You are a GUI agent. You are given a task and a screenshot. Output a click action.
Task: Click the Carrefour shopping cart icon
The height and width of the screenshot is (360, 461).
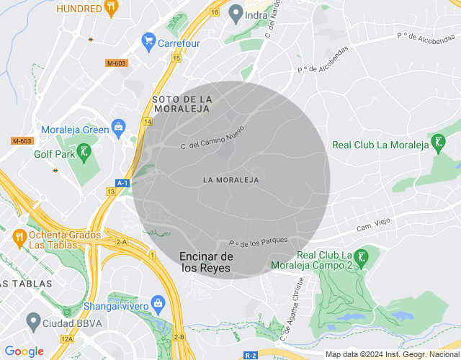(148, 42)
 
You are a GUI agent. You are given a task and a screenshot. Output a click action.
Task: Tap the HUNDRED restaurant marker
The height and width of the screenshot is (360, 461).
(110, 9)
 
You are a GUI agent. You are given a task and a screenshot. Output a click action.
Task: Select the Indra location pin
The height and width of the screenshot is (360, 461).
(236, 14)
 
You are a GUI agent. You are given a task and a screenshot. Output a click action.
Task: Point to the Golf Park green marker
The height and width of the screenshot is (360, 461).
(84, 152)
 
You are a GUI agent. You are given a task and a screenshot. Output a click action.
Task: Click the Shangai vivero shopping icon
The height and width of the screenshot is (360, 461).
(158, 305)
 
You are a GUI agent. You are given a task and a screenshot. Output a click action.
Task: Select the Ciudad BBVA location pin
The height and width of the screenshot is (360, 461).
(32, 319)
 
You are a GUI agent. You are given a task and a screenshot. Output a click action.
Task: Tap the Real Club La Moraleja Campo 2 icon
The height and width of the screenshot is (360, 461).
(362, 256)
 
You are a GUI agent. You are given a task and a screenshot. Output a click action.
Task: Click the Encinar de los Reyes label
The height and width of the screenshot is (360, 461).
(206, 262)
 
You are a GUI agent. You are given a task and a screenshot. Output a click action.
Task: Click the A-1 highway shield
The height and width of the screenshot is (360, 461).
(122, 183)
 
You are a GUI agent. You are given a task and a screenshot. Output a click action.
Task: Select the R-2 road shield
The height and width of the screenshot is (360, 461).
(251, 355)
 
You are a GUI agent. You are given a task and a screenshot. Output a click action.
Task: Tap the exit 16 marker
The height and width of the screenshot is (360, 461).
(215, 12)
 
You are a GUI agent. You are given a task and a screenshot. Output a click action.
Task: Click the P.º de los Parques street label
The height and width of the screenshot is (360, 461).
(259, 241)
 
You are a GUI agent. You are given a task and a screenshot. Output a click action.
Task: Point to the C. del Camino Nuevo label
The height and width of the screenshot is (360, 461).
(212, 138)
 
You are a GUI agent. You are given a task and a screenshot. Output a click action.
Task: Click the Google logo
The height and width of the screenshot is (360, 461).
(24, 351)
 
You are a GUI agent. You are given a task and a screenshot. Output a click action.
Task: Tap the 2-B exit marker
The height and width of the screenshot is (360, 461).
(179, 337)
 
